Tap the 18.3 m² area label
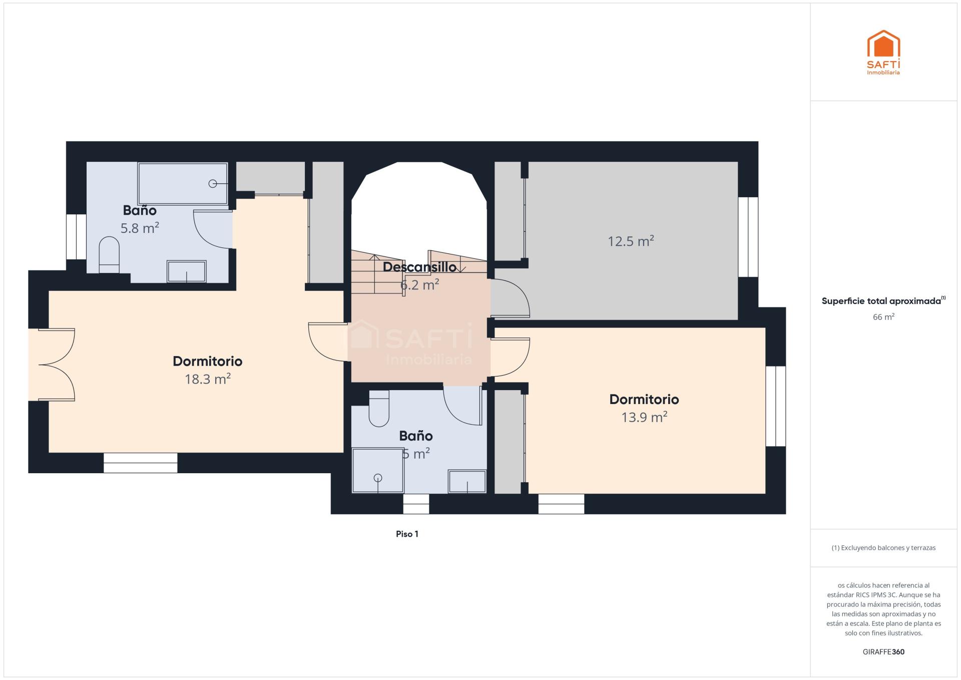click(208, 379)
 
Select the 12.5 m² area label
click(631, 241)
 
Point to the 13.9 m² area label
click(644, 417)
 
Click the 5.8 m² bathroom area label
click(140, 228)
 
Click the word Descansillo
click(419, 267)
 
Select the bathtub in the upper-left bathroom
click(183, 183)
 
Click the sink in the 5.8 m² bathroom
click(187, 271)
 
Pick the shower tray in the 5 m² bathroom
click(378, 471)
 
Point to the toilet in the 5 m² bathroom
click(379, 409)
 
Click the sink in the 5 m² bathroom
click(467, 481)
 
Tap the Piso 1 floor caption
click(407, 534)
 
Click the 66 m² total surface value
click(883, 317)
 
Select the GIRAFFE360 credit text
click(883, 652)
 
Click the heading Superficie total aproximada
click(881, 301)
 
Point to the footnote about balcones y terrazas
click(883, 548)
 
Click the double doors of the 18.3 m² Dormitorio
click(57, 365)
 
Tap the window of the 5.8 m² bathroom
click(76, 237)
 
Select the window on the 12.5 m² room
click(748, 237)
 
